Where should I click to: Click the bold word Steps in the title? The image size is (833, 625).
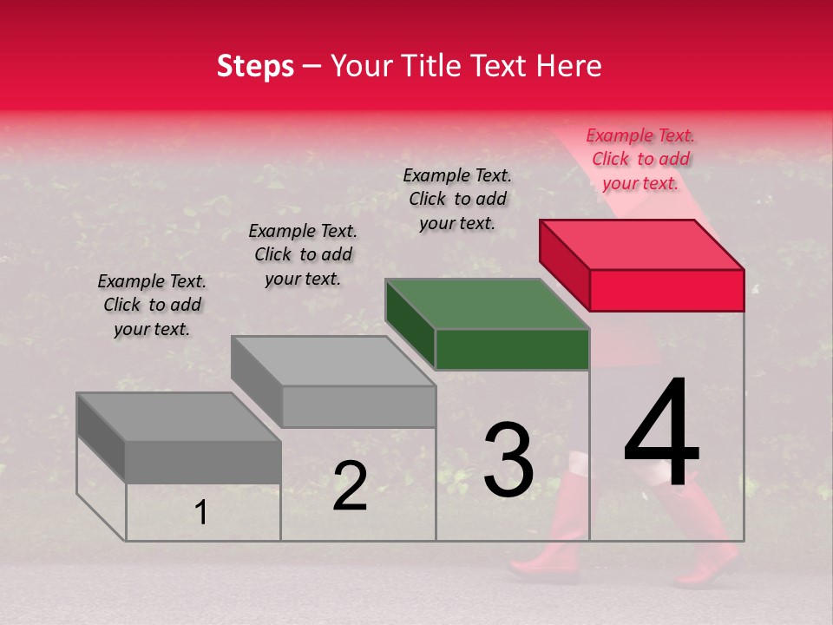coord(255,66)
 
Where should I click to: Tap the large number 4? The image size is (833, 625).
coord(661,434)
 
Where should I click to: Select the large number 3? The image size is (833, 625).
coord(508,459)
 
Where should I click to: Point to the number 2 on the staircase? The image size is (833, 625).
coord(350,486)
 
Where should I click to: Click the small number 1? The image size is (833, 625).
coord(201,513)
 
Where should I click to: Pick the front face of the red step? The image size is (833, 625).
coord(666,290)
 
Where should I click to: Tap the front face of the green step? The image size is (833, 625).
coord(512,350)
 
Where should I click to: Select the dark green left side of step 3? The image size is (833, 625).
coord(410,321)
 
